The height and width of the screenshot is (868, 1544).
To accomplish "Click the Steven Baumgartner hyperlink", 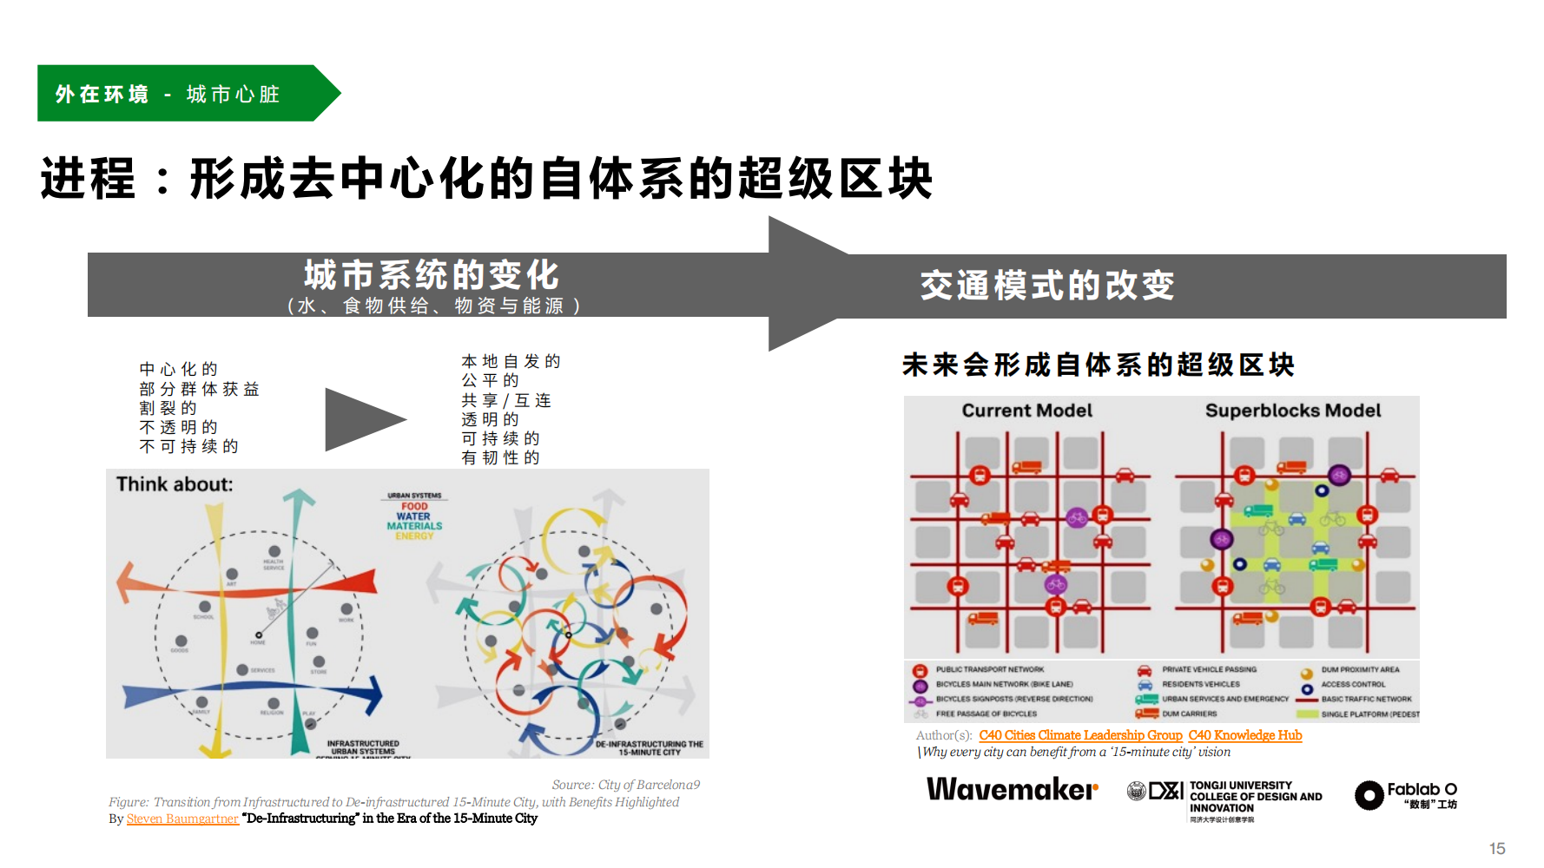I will [x=182, y=819].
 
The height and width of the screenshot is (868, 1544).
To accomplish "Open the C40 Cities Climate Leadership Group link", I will [x=1080, y=735].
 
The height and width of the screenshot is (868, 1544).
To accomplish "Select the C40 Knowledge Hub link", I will [x=1244, y=735].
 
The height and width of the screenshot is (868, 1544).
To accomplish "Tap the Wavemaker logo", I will [x=1012, y=789].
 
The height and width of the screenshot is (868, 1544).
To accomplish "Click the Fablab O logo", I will [x=1406, y=794].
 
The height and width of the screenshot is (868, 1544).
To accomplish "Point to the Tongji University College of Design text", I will [x=1255, y=797].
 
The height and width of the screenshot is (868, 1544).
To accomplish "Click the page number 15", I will [x=1497, y=848].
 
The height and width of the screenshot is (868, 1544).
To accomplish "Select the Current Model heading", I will [x=1026, y=411].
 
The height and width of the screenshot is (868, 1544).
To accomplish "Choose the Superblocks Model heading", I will [x=1292, y=411].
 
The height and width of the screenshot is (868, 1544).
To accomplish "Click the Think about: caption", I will [x=175, y=484].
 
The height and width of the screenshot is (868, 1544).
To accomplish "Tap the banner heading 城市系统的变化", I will [x=432, y=275].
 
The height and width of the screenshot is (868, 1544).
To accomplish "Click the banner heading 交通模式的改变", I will [x=1047, y=285].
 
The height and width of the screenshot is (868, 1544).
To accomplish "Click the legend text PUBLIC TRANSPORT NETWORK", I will [x=990, y=670].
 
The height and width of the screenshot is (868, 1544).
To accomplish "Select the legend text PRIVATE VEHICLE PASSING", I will [x=1209, y=670].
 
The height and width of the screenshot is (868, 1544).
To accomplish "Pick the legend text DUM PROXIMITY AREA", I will [x=1360, y=670].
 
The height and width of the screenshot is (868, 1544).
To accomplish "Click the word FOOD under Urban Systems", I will [x=414, y=506].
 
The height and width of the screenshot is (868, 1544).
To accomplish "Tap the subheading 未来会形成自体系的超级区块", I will [x=1099, y=365].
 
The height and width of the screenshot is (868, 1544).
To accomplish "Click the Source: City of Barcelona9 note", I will [x=625, y=785].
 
